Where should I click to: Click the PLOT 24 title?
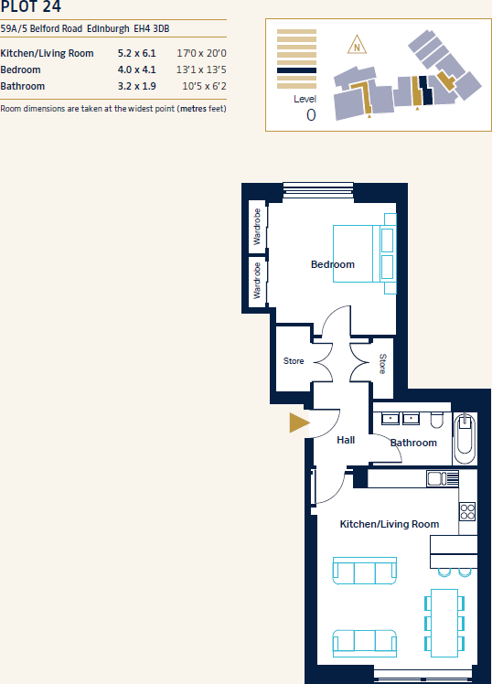coord(32,8)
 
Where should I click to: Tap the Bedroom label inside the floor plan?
coord(332,264)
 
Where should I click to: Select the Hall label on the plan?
coord(346,440)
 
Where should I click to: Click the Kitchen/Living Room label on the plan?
coord(389,524)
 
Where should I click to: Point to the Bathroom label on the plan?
coord(413,443)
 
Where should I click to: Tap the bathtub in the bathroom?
coord(465,436)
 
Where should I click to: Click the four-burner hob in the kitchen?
coord(466,511)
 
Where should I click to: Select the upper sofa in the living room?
coord(364,571)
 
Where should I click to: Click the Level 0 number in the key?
coord(311,114)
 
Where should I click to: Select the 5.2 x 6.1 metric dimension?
coord(137,53)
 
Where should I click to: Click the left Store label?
coord(294,361)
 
